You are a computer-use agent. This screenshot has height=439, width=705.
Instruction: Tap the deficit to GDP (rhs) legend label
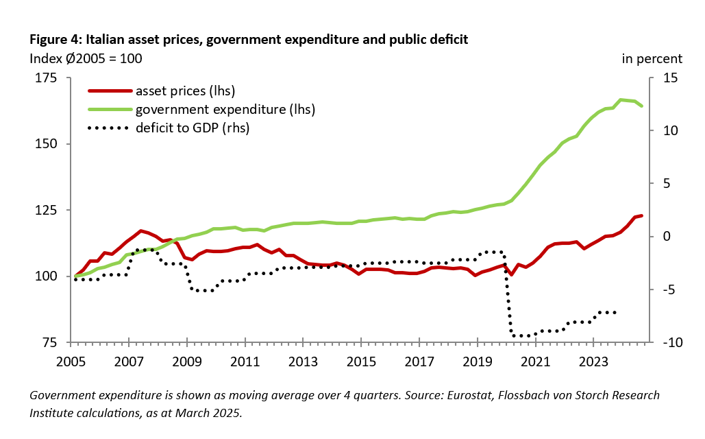tap(193, 128)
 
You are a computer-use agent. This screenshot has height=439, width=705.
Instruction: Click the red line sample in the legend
tap(108, 91)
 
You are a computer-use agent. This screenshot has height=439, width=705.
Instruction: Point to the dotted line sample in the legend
tap(108, 128)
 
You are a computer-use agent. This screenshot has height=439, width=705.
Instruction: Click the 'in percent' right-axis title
tap(652, 58)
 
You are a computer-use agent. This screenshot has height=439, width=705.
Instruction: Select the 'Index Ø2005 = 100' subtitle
tap(86, 58)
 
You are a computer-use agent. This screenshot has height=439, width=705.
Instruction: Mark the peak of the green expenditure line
tap(621, 99)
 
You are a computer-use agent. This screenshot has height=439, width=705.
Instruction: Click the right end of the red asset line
tap(642, 215)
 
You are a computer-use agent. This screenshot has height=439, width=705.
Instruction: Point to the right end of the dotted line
tap(615, 312)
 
